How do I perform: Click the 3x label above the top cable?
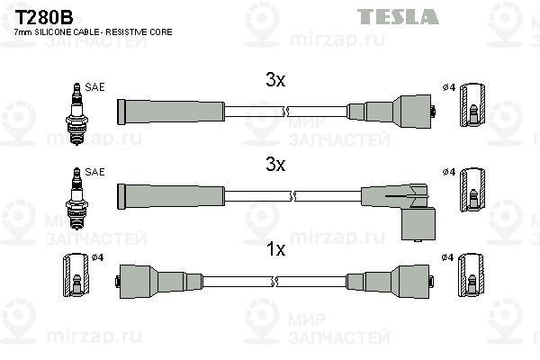pos(275,80)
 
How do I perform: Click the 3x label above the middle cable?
pos(275,165)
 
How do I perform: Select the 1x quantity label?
pos(275,249)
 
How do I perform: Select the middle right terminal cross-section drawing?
pos(474,191)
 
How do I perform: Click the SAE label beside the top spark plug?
pos(95,86)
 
